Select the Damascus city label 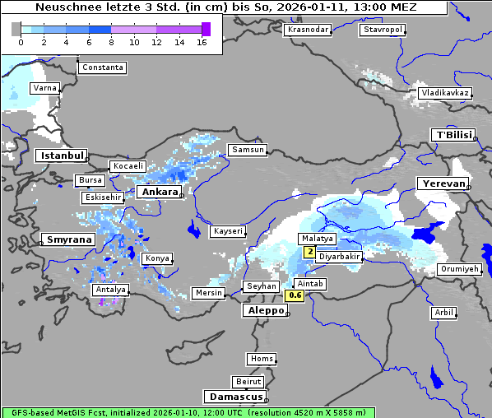[234, 397]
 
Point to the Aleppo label [264, 311]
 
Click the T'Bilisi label [453, 135]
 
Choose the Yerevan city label [442, 183]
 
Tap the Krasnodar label [308, 30]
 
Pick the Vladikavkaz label [445, 93]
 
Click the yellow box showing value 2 [309, 252]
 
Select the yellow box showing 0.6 [295, 295]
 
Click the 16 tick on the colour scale [202, 41]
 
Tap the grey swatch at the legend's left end [16, 29]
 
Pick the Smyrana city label [68, 239]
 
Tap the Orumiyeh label [458, 269]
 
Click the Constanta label [103, 67]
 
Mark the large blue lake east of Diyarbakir [427, 234]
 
